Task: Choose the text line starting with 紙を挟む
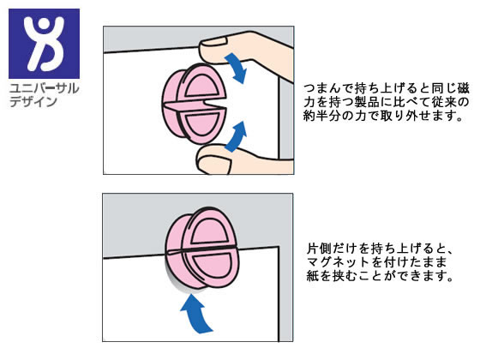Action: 373,278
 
